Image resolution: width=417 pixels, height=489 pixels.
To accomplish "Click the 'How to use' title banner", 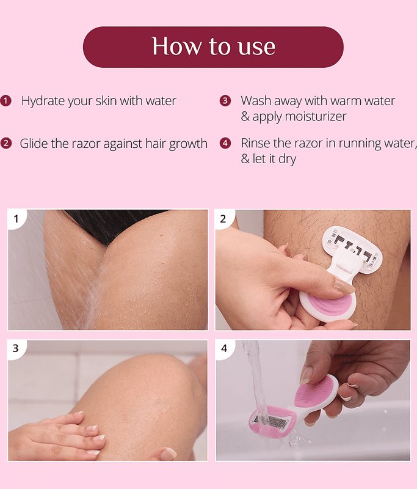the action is coord(213,47).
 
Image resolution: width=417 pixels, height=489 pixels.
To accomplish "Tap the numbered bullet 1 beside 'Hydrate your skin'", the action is coord(6,101).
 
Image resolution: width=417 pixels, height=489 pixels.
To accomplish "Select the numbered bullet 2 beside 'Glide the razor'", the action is coord(6,144).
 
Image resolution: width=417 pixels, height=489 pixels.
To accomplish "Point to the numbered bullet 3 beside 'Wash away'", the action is coord(225,101).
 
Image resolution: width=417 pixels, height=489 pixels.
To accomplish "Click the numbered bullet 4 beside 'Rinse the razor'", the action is coord(225,144).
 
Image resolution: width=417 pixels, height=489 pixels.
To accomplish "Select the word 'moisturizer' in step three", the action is coord(316,116).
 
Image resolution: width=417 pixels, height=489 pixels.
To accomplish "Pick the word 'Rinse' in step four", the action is coord(255,143).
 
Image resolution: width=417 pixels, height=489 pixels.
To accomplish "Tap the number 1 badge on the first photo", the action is coord(16,219).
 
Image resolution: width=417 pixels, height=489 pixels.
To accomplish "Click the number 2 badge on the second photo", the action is coord(223,219).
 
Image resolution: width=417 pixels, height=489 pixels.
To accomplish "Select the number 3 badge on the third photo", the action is coord(16,348).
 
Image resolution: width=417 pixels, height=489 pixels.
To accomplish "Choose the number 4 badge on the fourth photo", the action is coord(224,348).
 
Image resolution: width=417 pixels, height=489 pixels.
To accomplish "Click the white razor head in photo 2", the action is coord(352,249).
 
